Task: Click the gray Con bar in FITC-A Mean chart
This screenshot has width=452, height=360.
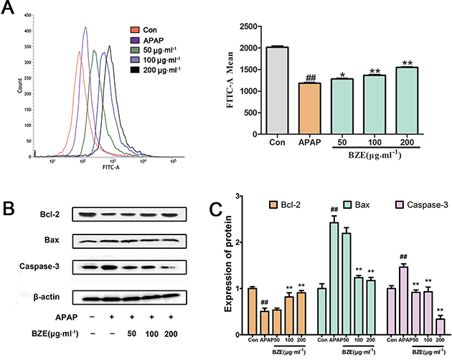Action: (278, 94)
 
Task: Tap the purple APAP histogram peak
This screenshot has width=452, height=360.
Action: (85, 29)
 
